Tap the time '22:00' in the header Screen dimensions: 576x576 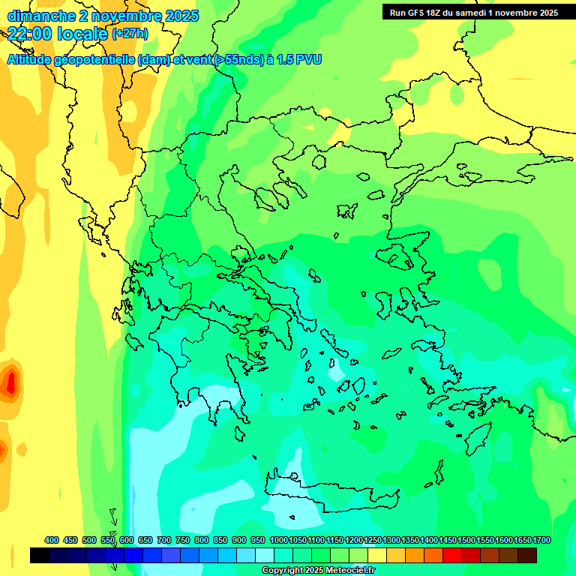(x=31, y=33)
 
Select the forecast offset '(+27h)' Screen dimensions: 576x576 (x=130, y=34)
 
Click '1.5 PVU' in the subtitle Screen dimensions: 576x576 (x=299, y=60)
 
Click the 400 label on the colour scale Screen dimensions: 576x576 (x=52, y=540)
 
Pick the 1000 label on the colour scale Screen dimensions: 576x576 (x=278, y=540)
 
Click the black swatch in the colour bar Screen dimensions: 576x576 (x=40, y=555)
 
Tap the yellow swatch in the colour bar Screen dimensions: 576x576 (x=377, y=555)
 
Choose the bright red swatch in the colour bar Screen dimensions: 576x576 (x=452, y=555)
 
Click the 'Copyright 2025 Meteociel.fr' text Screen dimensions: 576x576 (x=318, y=570)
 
